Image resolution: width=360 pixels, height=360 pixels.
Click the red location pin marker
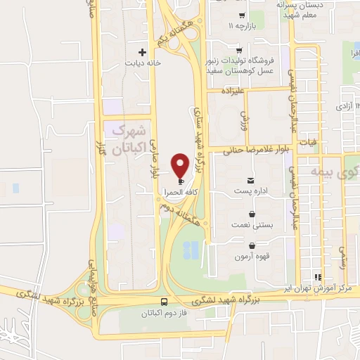click(x=181, y=164)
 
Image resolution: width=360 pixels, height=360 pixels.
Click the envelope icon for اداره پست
click(x=252, y=180)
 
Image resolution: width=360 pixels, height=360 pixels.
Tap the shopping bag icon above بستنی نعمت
click(x=252, y=213)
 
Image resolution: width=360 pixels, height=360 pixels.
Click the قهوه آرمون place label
click(x=252, y=256)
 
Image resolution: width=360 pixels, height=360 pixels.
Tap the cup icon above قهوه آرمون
click(x=252, y=245)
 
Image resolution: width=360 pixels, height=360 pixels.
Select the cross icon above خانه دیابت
click(x=143, y=52)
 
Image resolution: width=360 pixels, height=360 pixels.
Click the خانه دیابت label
click(x=143, y=63)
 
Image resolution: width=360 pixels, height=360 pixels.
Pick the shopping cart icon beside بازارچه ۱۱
click(x=241, y=15)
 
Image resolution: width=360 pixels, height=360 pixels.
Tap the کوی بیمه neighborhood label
click(x=337, y=171)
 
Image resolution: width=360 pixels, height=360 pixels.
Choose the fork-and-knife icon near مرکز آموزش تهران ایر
click(x=318, y=277)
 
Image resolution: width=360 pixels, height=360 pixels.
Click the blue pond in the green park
click(x=190, y=249)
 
